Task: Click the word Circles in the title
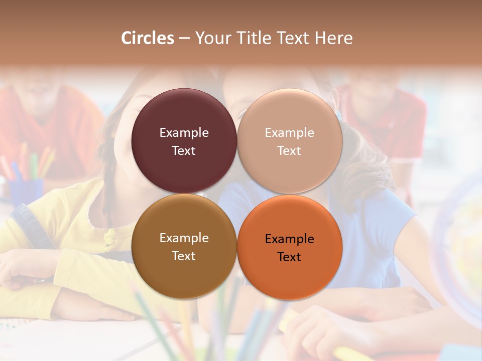(148, 38)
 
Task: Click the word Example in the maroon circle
(184, 133)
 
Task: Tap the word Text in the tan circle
(289, 151)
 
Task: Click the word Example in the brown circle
(184, 238)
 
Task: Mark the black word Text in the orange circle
(289, 257)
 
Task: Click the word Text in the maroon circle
(184, 151)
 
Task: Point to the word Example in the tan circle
(289, 133)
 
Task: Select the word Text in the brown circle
(184, 256)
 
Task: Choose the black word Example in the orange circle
(289, 239)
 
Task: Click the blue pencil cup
(25, 191)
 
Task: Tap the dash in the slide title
(184, 39)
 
